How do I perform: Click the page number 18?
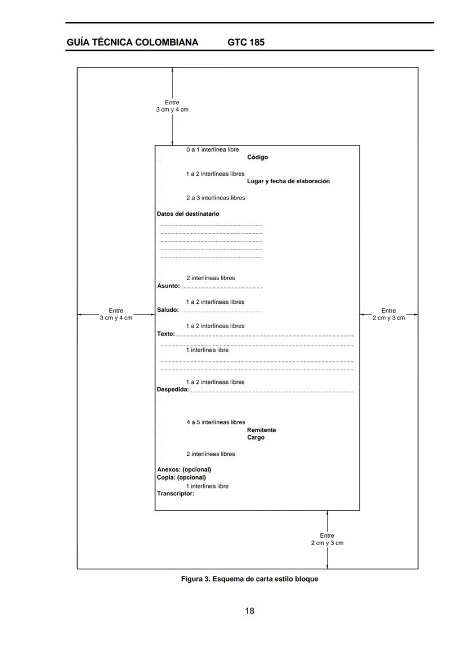pyautogui.click(x=249, y=611)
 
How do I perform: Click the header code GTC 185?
pyautogui.click(x=246, y=42)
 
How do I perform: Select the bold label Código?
pyautogui.click(x=257, y=157)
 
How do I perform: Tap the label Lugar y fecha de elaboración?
pyautogui.click(x=288, y=181)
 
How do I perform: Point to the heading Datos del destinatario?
pyautogui.click(x=188, y=214)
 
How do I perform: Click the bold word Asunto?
pyautogui.click(x=168, y=286)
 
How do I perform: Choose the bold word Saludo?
pyautogui.click(x=168, y=310)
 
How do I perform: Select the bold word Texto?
pyautogui.click(x=166, y=334)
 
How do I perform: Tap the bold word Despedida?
pyautogui.click(x=173, y=390)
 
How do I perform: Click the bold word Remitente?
pyautogui.click(x=261, y=430)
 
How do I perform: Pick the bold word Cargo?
pyautogui.click(x=256, y=437)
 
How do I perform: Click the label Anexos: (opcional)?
pyautogui.click(x=184, y=469)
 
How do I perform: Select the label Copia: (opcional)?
pyautogui.click(x=181, y=477)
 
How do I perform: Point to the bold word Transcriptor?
pyautogui.click(x=176, y=494)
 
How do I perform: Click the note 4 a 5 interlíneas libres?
pyautogui.click(x=216, y=422)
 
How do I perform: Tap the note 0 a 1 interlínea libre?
pyautogui.click(x=212, y=150)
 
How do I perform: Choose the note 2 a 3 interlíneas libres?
pyautogui.click(x=216, y=198)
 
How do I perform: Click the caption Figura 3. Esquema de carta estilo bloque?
pyautogui.click(x=249, y=579)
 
